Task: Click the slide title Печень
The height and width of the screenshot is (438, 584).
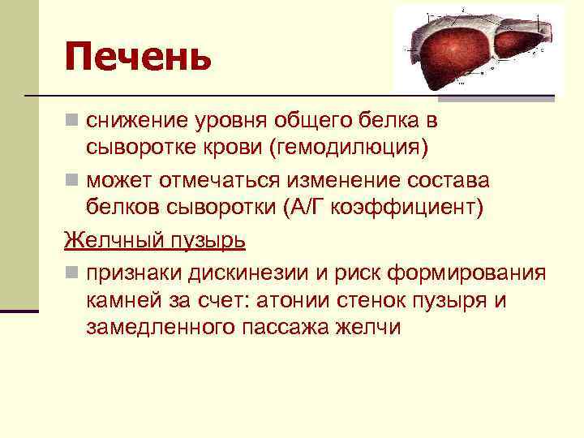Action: pyautogui.click(x=139, y=56)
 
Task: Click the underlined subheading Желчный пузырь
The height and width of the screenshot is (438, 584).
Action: pyautogui.click(x=155, y=241)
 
